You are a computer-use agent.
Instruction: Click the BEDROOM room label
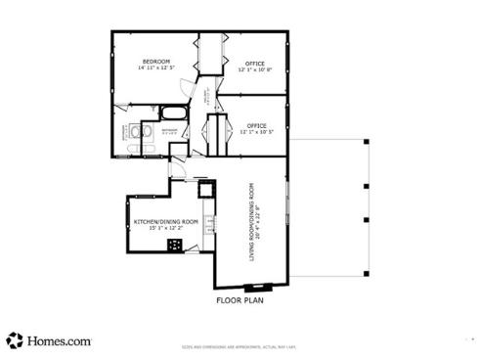tap(156, 62)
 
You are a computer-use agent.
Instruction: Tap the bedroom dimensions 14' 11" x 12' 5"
tap(156, 68)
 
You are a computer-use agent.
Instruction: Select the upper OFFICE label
tap(255, 63)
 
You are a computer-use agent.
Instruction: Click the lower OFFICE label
tap(256, 125)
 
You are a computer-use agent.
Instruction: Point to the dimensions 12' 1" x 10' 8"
tap(255, 69)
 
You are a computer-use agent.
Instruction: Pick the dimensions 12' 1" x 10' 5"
tap(256, 132)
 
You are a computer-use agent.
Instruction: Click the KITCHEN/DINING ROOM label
tap(165, 221)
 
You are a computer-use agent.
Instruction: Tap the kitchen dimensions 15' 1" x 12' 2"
tap(165, 228)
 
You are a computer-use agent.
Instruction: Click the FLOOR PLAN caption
tap(239, 301)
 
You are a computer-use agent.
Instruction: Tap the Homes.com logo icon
tap(15, 340)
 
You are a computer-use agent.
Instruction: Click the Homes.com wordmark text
tap(60, 341)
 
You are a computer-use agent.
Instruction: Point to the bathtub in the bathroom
tap(173, 112)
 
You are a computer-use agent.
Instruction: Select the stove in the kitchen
tap(174, 245)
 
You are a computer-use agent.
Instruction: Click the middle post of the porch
tap(365, 186)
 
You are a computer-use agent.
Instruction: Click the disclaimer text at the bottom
tap(239, 347)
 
